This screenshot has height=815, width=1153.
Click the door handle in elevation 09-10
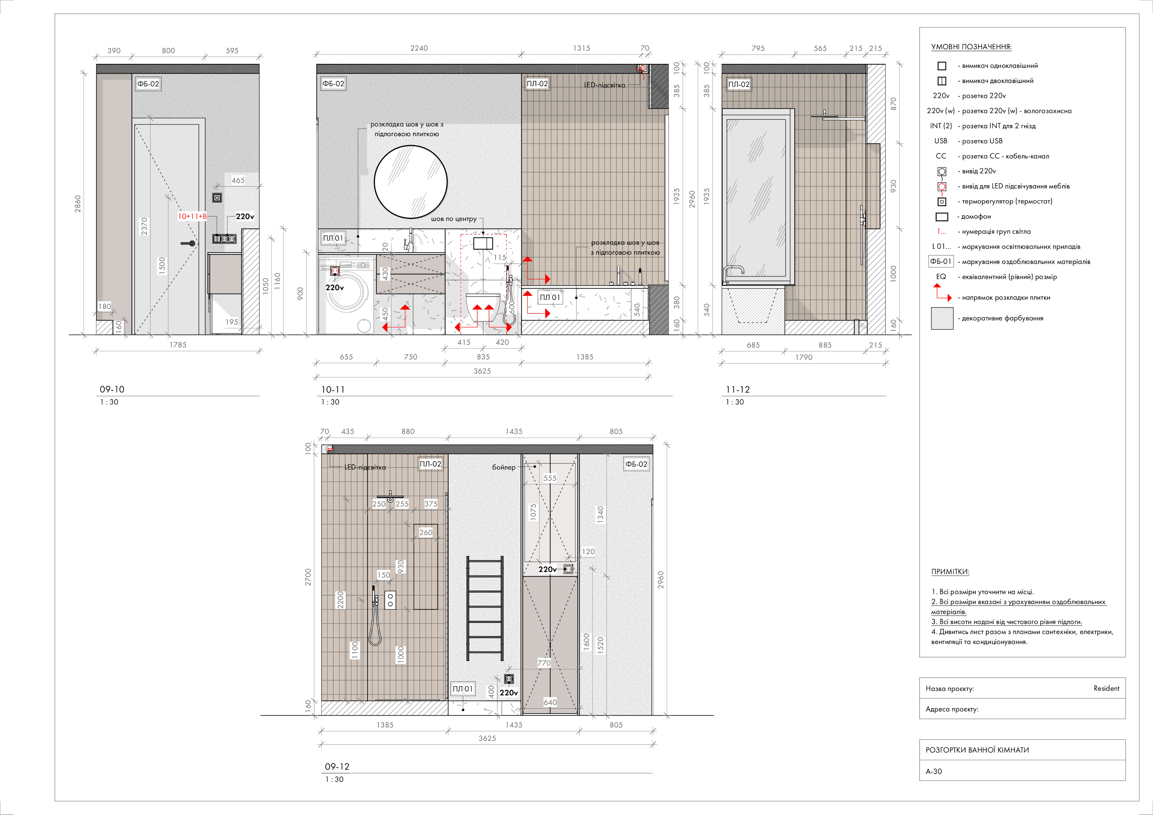click(188, 243)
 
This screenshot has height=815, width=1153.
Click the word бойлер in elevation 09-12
click(504, 467)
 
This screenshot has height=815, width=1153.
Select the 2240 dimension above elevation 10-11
click(419, 48)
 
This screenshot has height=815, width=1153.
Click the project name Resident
click(1106, 688)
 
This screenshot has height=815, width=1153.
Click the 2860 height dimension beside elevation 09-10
click(78, 204)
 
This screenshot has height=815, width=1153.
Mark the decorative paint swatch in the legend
click(942, 318)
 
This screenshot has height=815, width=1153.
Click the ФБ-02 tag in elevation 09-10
click(148, 84)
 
